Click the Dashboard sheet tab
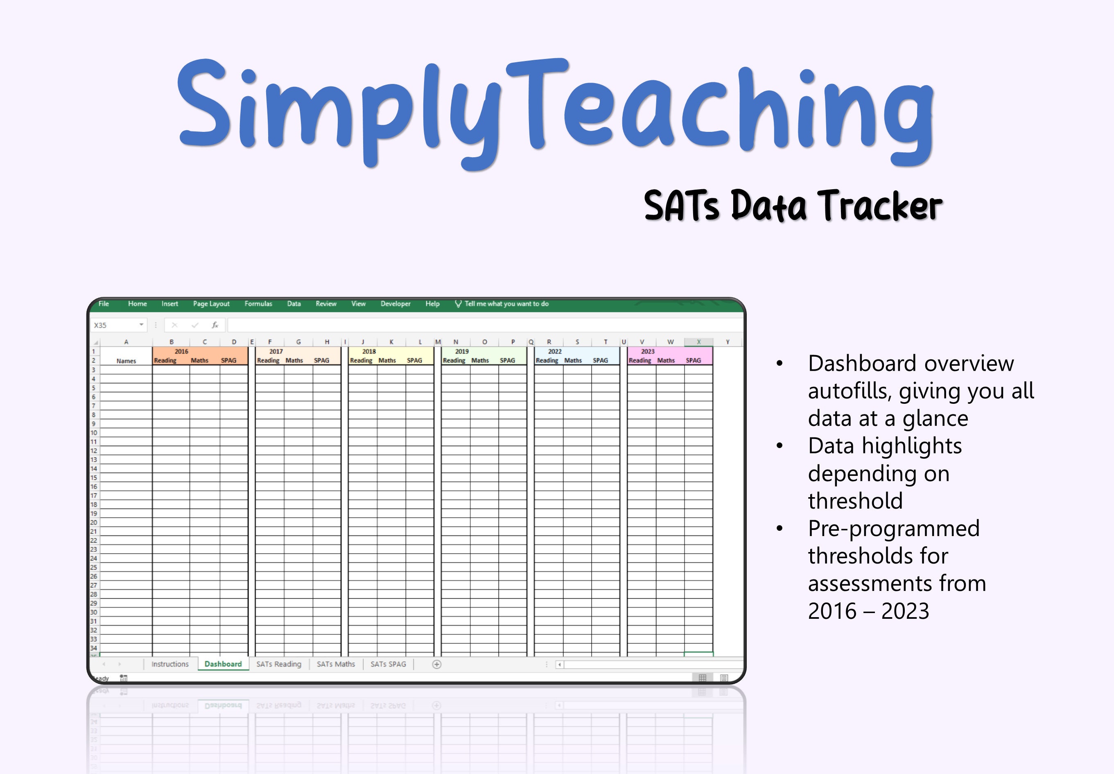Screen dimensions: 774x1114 (223, 664)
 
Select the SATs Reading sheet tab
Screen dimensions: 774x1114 (279, 664)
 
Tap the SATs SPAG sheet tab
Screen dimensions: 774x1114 (388, 664)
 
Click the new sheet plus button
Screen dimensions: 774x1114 (436, 664)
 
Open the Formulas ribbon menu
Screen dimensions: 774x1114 (258, 303)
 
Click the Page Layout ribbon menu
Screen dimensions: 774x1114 (211, 303)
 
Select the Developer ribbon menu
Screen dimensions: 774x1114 (395, 303)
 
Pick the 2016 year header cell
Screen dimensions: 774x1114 (181, 351)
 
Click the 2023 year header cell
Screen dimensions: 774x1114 (648, 351)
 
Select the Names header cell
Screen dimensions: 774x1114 (126, 361)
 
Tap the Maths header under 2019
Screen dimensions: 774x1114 (480, 360)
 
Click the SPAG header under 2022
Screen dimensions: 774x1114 (600, 360)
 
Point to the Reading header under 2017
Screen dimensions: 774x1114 (268, 360)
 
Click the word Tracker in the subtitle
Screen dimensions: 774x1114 (880, 206)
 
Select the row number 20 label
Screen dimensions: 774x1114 (94, 522)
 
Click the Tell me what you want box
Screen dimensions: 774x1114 (506, 303)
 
